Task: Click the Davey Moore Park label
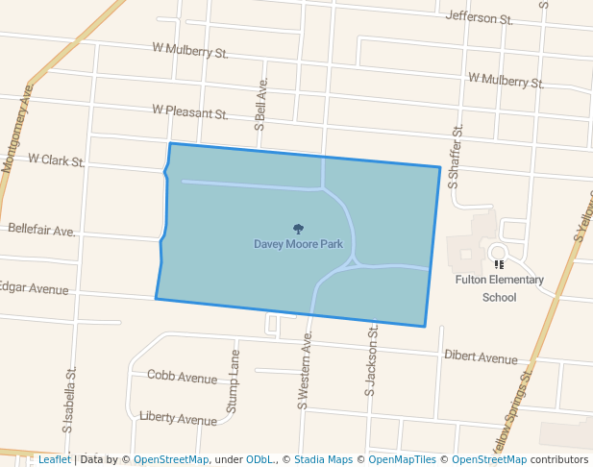coord(298,244)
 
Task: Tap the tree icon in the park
coord(298,229)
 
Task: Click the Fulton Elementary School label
coord(499,288)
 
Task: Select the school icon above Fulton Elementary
coord(498,263)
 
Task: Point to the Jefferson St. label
coord(480,18)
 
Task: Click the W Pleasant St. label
coord(189,112)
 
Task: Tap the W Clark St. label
coord(56,159)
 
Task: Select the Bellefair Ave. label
coord(41,231)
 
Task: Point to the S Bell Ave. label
coord(260,104)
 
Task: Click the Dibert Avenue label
coord(481,357)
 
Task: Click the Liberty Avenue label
coord(178,419)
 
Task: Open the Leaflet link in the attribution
coord(54,459)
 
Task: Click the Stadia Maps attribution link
coord(323,459)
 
